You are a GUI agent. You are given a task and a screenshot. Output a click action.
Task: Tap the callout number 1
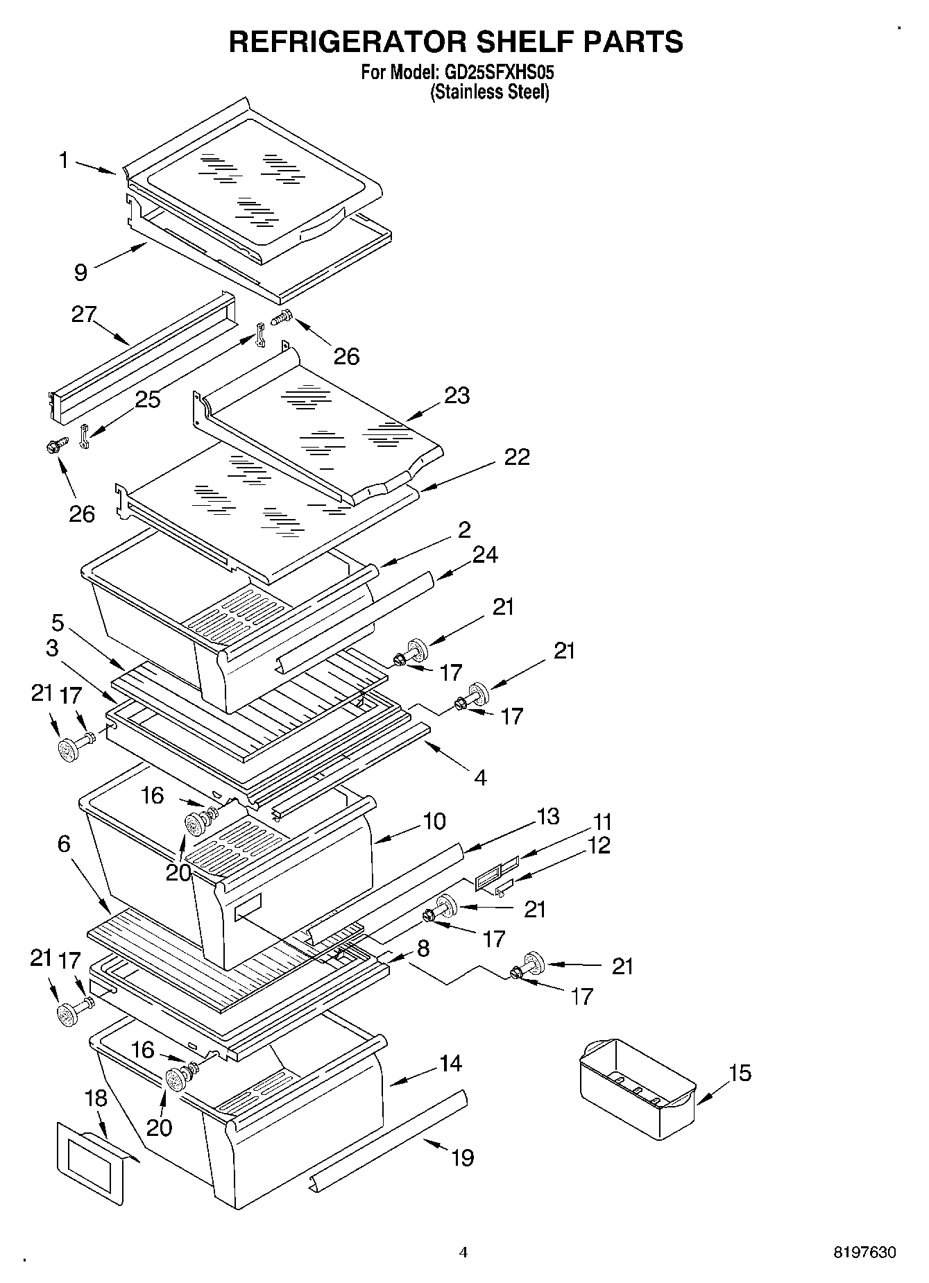pos(64,161)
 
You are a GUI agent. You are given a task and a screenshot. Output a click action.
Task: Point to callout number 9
pos(81,272)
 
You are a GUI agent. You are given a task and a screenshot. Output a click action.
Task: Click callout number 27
pos(84,314)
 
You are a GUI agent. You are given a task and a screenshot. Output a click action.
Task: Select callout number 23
pos(457,396)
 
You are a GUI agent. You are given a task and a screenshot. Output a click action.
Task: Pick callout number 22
pos(517,457)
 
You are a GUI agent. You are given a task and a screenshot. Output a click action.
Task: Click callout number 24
pos(485,554)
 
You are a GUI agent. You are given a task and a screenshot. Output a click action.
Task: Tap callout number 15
pos(740,1073)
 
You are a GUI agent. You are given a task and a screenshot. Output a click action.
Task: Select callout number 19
pos(463,1157)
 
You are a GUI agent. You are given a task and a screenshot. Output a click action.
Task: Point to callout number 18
pos(96,1098)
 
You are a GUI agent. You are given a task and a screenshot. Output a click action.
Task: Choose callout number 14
pos(451,1062)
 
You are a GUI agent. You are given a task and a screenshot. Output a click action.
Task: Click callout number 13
pos(547,816)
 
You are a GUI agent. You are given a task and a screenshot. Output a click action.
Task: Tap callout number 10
pos(434,821)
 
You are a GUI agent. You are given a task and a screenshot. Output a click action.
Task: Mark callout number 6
pos(64,844)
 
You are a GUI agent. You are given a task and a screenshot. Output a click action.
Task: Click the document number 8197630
pos(864,1253)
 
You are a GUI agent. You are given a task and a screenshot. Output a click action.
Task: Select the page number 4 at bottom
pos(463,1252)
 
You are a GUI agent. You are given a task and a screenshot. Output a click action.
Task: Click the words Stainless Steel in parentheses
pos(490,92)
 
